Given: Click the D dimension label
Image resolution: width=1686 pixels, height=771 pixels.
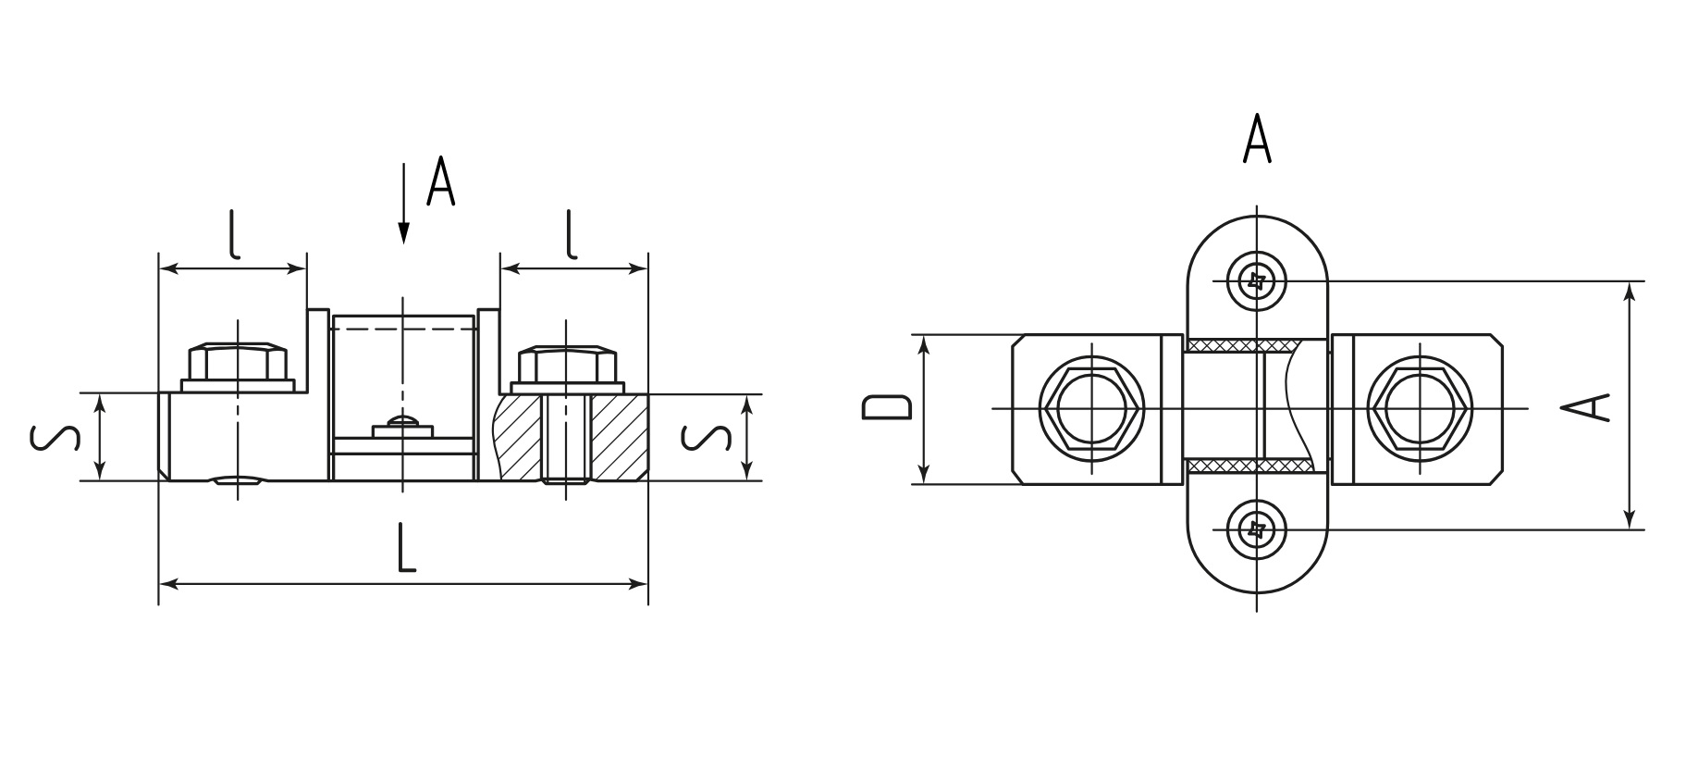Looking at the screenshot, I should (x=887, y=408).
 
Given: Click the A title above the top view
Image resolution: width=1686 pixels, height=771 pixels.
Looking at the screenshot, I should (x=1257, y=139).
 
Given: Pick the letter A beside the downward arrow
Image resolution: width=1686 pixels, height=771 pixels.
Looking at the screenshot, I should (x=441, y=182).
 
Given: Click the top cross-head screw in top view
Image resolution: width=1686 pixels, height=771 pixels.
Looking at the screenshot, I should (x=1256, y=280).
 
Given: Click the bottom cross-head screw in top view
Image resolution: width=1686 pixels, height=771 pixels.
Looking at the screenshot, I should (x=1256, y=529).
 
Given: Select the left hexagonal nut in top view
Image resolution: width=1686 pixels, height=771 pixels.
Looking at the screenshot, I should (x=1091, y=408).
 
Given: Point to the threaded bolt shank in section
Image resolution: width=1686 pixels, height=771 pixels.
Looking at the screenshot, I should (x=565, y=439).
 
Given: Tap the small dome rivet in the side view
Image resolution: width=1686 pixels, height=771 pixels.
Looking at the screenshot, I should (x=403, y=422).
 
